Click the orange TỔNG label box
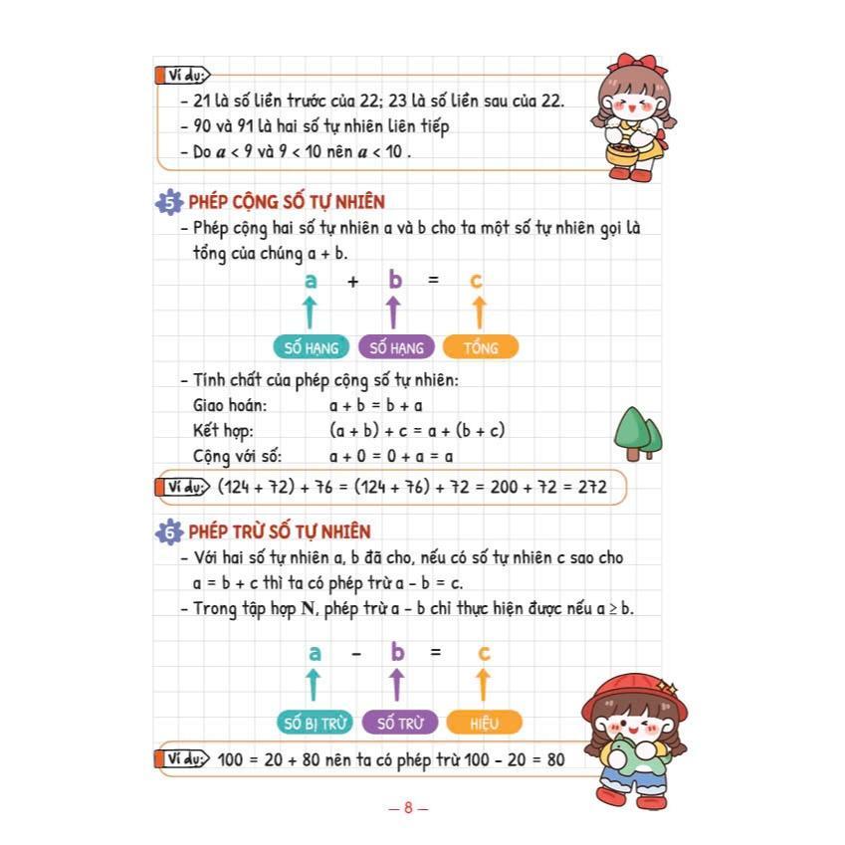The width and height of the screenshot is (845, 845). (480, 347)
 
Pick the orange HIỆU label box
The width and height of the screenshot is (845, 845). (484, 723)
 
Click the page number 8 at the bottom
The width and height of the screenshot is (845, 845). (408, 808)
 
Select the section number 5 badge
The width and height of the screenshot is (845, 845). (170, 203)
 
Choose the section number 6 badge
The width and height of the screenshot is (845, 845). (170, 532)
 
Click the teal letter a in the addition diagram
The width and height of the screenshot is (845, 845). (311, 281)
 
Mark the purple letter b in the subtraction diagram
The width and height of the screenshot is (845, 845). (397, 653)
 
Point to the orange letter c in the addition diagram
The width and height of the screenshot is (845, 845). (477, 281)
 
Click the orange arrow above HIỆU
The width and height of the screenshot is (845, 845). (484, 685)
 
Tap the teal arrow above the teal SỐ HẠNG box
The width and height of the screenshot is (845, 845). (311, 313)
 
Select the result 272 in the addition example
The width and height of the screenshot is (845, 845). (587, 487)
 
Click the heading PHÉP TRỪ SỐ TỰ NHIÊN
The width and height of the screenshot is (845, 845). (280, 532)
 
